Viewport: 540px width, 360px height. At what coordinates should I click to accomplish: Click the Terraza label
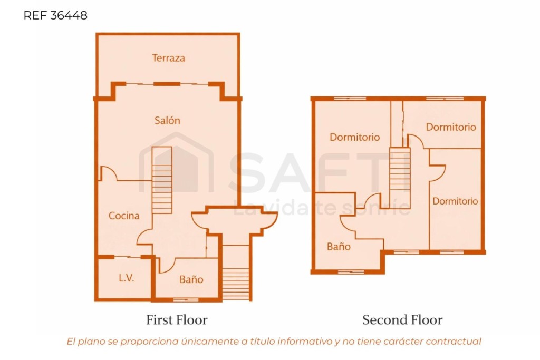point(168,58)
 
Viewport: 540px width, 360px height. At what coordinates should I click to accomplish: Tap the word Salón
point(167,121)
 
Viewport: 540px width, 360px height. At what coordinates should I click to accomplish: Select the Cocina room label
point(124,216)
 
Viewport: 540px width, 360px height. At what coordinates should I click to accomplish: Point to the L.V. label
point(127,278)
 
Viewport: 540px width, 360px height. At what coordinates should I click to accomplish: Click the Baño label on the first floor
point(191,279)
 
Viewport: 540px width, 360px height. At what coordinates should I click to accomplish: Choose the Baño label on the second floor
point(339,247)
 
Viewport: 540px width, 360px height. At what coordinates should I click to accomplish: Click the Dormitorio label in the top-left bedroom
point(355,137)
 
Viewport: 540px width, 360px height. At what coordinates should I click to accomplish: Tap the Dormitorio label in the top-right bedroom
point(451,127)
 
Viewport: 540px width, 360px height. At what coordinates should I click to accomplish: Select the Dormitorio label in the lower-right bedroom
point(455,201)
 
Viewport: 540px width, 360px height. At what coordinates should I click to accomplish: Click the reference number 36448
point(69,15)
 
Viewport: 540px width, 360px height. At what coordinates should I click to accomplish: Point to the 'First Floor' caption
point(177,320)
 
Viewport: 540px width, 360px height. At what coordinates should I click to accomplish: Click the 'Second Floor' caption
point(402,320)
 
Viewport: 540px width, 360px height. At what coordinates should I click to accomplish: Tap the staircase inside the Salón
point(162,180)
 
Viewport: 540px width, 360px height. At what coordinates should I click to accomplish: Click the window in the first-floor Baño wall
point(186,300)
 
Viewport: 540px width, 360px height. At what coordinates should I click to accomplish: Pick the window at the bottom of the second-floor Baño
point(351,272)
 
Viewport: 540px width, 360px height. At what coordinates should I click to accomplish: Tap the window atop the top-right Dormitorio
point(445,99)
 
